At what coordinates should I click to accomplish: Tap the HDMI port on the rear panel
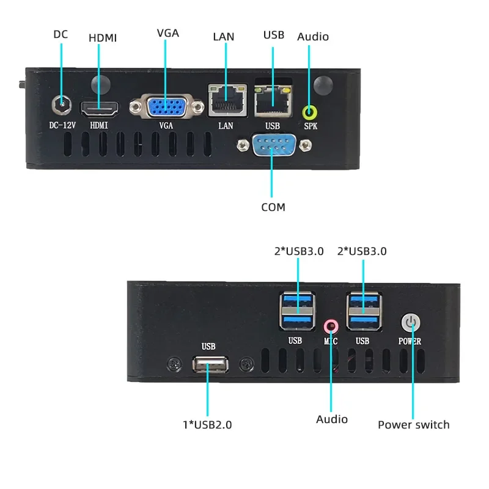point(100,109)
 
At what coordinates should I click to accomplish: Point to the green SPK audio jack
point(310,112)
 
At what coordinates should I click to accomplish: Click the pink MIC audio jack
point(331,325)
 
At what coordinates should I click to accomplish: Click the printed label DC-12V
point(61,126)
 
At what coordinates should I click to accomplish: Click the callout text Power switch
point(413,424)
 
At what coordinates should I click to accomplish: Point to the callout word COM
point(273,207)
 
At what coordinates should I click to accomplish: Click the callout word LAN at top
point(223,37)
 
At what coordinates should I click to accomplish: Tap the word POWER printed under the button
point(410,341)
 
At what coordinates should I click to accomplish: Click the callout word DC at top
point(61,34)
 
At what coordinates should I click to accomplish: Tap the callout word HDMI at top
point(103,38)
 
